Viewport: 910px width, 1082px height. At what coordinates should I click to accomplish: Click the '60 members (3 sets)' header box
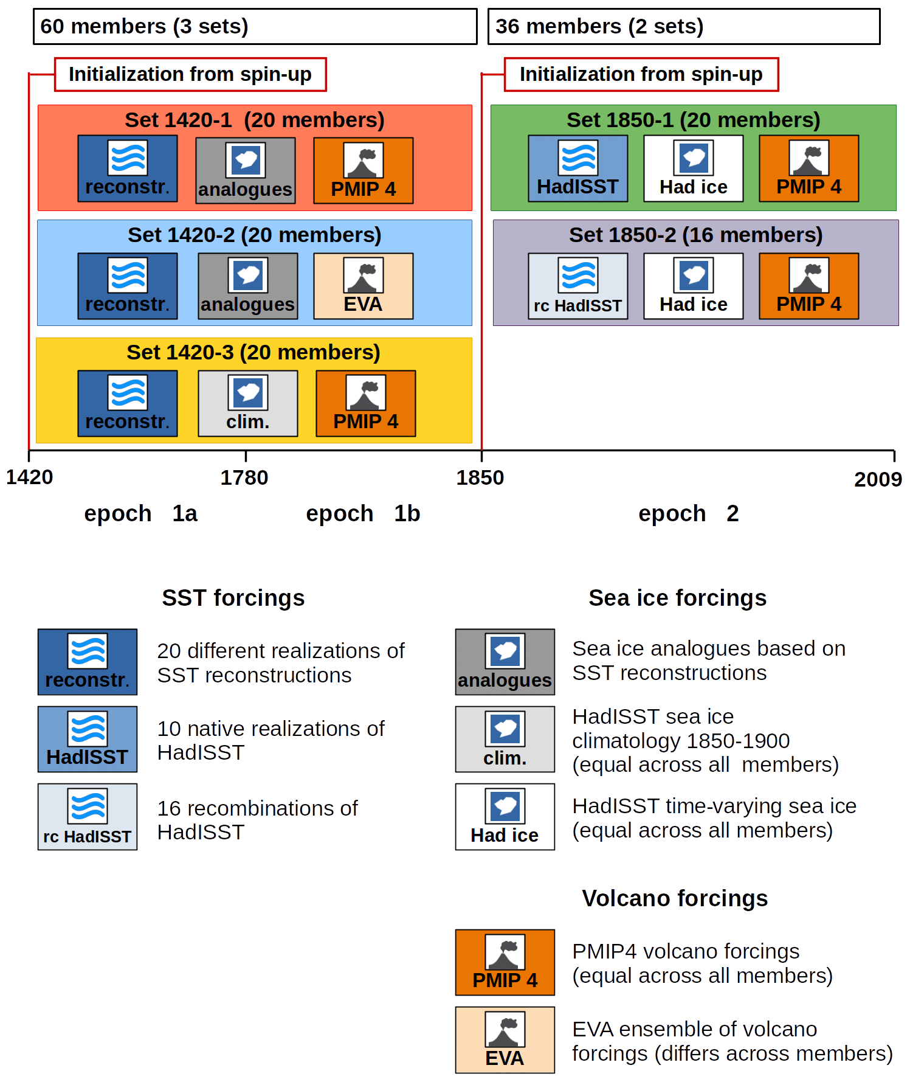255,26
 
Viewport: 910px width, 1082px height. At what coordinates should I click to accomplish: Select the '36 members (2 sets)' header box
684,26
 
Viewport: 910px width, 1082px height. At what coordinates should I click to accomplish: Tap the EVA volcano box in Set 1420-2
364,286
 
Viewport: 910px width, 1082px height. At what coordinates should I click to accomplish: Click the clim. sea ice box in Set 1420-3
248,403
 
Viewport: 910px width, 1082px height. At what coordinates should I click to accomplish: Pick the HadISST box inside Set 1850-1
578,168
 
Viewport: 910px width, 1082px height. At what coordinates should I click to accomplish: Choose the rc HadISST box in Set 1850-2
578,286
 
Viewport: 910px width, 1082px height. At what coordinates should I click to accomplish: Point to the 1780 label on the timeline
244,478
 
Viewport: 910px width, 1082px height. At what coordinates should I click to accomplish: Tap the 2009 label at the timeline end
878,479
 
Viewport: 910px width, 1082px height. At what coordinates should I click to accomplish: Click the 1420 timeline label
29,477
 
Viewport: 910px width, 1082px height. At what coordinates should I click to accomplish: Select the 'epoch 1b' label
363,513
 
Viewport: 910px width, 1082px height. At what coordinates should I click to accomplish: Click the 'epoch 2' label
689,513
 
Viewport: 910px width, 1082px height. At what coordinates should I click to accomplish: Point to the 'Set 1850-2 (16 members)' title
695,235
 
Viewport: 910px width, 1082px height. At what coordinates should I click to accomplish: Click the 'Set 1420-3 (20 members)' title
253,352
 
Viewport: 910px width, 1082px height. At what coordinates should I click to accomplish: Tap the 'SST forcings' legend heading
233,598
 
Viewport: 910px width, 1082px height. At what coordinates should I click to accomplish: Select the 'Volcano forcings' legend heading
675,898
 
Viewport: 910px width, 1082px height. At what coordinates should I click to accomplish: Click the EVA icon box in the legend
505,1040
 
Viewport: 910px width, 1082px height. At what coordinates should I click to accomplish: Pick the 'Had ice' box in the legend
505,817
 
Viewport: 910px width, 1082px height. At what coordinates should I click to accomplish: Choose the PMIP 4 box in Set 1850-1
809,168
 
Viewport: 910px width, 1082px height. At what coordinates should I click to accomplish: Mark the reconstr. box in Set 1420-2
128,286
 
